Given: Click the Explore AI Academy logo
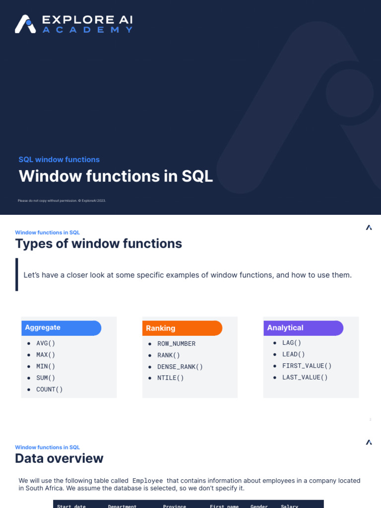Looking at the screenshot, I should tap(73, 24).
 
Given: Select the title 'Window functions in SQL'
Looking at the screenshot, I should tap(116, 176).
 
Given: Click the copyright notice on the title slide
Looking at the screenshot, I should tap(62, 200).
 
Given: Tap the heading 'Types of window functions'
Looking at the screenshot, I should tap(98, 244).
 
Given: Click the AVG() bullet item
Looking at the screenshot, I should tap(46, 343).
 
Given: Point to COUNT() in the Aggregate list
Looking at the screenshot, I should tap(50, 389).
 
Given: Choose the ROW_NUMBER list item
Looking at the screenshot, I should tap(176, 344).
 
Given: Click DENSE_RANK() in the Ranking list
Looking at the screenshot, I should tap(180, 367).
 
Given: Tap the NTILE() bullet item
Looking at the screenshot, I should tap(171, 378).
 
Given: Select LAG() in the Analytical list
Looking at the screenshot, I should tap(292, 343).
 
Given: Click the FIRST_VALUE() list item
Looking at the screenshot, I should tap(307, 366).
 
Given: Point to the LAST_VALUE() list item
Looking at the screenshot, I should tap(305, 377).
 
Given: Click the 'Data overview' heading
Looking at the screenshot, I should tap(59, 458).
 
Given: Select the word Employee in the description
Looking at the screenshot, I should tap(147, 481).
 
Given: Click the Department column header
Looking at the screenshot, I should tap(122, 506).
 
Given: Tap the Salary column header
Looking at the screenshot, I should tap(289, 506).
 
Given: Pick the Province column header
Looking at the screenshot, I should tap(174, 506).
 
